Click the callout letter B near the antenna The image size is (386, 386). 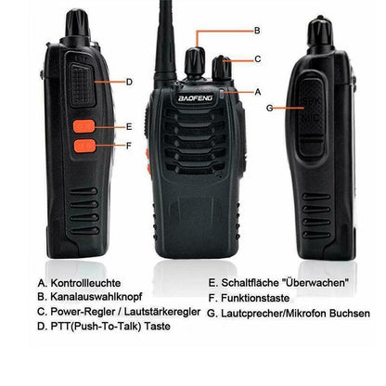[x=257, y=32]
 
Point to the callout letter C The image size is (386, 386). [x=257, y=59]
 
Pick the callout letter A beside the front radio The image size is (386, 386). [x=257, y=92]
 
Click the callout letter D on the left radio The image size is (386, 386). [x=129, y=82]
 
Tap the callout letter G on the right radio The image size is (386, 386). [x=269, y=108]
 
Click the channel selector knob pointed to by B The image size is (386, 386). [x=195, y=59]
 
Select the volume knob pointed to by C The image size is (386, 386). [x=223, y=68]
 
